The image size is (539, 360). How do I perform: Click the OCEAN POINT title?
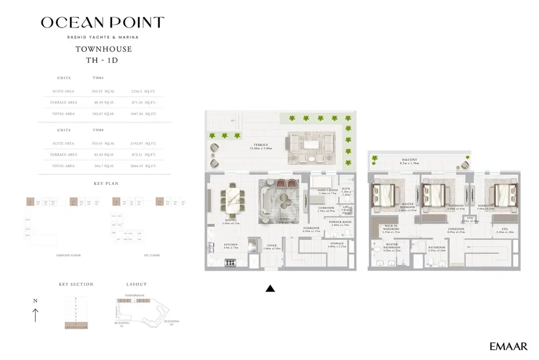pos(103,22)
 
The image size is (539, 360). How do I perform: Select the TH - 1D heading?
pos(103,60)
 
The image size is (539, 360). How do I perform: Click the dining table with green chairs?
pos(231,200)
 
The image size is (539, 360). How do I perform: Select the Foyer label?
pos(272,246)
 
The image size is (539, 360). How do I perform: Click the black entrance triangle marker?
pos(270,289)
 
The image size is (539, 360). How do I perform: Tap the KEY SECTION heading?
pos(76,284)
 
